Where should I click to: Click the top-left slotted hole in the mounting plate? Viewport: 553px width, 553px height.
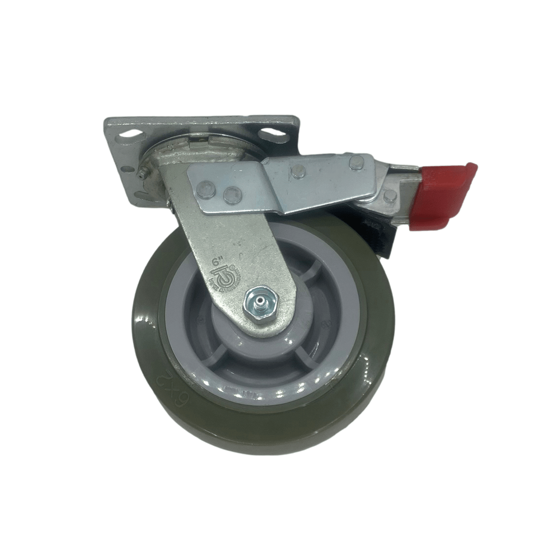click(129, 133)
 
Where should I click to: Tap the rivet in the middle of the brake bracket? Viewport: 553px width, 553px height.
click(299, 171)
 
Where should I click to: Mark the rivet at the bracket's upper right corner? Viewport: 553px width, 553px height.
click(356, 162)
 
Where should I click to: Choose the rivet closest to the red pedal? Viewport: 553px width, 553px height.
click(390, 195)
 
